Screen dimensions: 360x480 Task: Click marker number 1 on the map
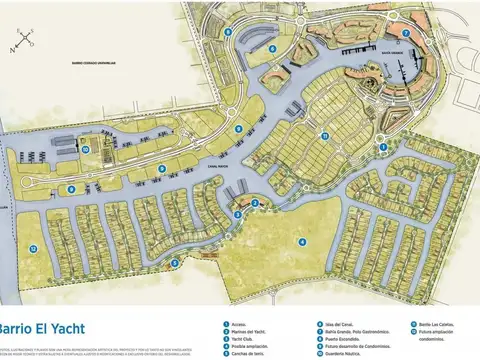[x=384, y=146]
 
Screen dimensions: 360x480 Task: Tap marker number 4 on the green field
[x=302, y=240]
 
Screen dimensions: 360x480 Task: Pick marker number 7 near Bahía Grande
[x=406, y=32]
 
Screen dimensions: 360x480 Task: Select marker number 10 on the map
[x=87, y=150]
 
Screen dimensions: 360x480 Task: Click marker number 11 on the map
[x=324, y=135]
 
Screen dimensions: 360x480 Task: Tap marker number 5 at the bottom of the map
[x=175, y=263]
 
